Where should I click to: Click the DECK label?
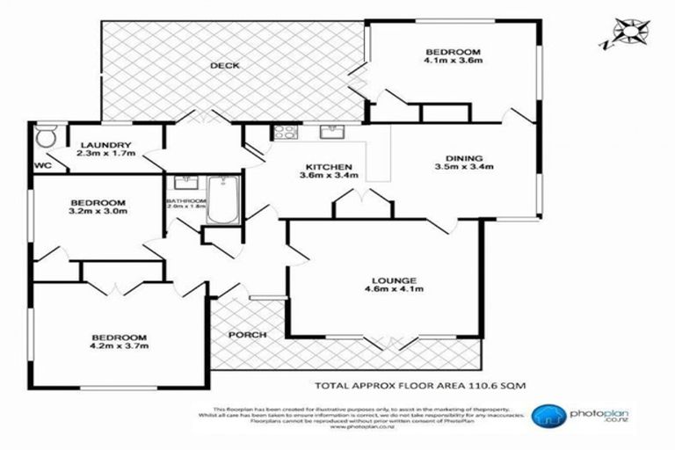pyautogui.click(x=225, y=66)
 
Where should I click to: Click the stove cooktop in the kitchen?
pyautogui.click(x=287, y=134)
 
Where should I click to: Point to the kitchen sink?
pyautogui.click(x=331, y=134)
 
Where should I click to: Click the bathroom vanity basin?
pyautogui.click(x=185, y=184)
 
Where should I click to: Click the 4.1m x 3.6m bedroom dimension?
pyautogui.click(x=452, y=62)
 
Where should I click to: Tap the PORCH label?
pyautogui.click(x=247, y=335)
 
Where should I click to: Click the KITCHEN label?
pyautogui.click(x=329, y=167)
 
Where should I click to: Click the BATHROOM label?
pyautogui.click(x=186, y=201)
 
